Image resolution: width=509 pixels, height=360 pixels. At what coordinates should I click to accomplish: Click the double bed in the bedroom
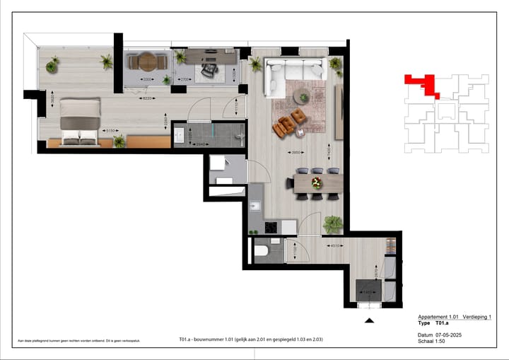(79, 122)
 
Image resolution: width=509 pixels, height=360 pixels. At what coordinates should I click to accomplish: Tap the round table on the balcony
(147, 62)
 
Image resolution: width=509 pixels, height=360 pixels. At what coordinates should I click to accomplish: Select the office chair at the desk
(207, 69)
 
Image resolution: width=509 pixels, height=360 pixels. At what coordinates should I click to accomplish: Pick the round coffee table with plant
(304, 97)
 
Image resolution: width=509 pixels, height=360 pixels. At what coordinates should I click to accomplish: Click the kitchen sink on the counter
(256, 207)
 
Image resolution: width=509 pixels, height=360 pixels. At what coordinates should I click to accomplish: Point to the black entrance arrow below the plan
(368, 321)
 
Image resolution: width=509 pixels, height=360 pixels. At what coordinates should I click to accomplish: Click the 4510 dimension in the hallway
(337, 246)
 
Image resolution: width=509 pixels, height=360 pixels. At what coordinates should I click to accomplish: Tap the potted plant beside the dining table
(332, 225)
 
